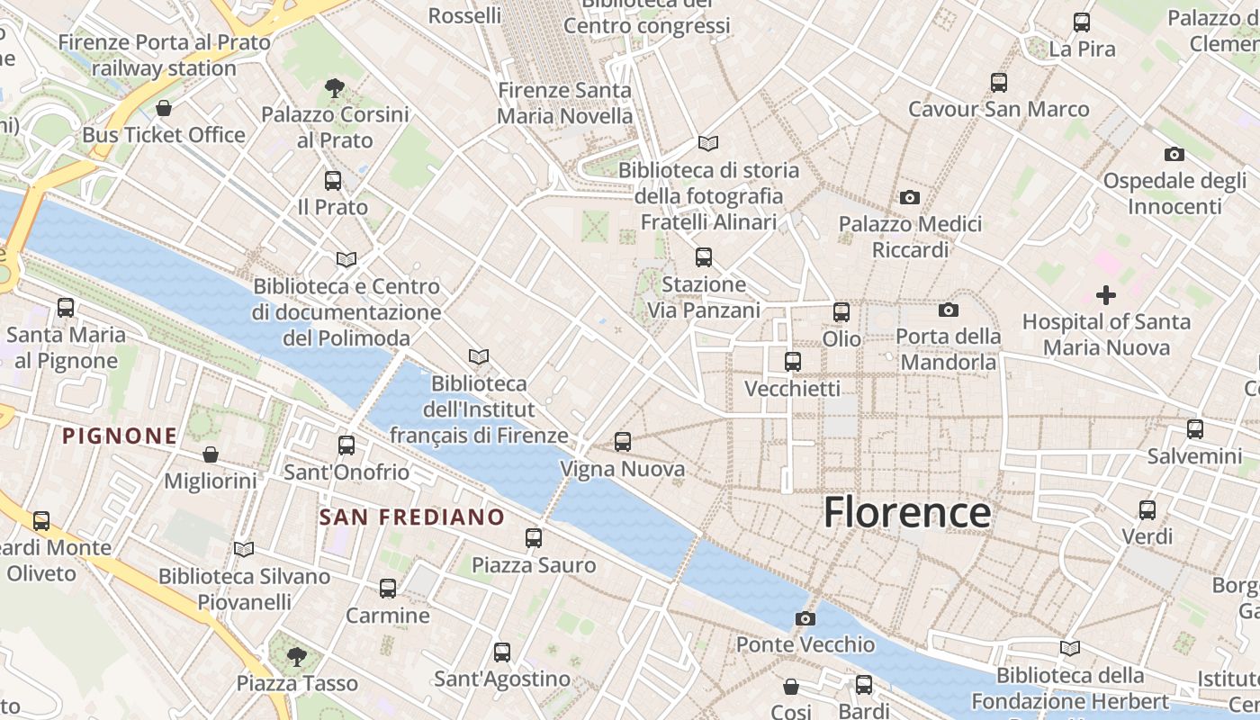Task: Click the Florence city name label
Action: [x=907, y=512]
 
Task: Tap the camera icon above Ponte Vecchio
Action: [x=805, y=618]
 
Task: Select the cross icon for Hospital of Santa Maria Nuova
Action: [x=1105, y=294]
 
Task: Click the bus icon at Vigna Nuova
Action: [x=622, y=442]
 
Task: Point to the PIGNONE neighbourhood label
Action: [x=120, y=436]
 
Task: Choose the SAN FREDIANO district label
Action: [x=412, y=517]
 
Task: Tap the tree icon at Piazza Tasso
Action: [x=297, y=656]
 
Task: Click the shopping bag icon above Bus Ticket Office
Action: [x=164, y=108]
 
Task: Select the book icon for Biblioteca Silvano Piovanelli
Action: [x=244, y=549]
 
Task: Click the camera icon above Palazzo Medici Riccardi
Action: [x=910, y=197]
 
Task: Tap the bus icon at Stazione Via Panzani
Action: [x=704, y=257]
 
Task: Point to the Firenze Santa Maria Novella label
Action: [x=564, y=103]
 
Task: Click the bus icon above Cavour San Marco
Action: [x=998, y=83]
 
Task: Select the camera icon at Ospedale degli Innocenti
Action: [x=1174, y=154]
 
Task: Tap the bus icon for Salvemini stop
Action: [x=1194, y=429]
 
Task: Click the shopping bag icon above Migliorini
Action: [x=211, y=454]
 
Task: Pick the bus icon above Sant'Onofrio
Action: [x=346, y=445]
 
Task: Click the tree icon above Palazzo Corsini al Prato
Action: [x=335, y=88]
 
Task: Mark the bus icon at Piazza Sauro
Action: [x=534, y=538]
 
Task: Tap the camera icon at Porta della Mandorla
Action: [x=948, y=310]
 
